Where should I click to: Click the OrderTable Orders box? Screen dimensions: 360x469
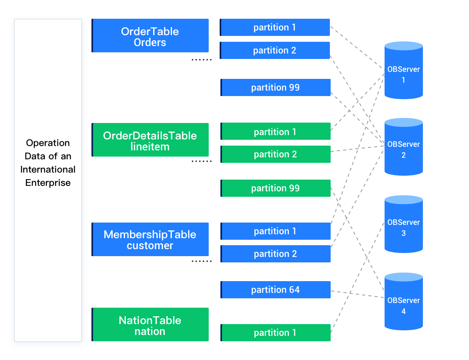pos(150,36)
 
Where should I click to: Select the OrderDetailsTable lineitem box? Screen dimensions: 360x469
pos(150,140)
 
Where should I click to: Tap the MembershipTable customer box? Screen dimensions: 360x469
pos(150,239)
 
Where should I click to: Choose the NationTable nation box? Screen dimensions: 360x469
pos(150,325)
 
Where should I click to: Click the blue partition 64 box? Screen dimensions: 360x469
pos(276,290)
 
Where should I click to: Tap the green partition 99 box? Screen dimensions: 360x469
pos(276,188)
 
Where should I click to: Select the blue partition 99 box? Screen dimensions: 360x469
pos(276,87)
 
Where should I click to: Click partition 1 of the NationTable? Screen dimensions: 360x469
pos(276,333)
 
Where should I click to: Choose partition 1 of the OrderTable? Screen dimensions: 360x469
pos(275,27)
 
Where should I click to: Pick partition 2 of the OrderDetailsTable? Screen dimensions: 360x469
pos(276,154)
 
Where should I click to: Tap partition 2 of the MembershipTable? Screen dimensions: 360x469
pos(276,254)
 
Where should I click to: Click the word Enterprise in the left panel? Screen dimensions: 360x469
pos(48,183)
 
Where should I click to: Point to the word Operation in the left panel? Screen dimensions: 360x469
pos(48,143)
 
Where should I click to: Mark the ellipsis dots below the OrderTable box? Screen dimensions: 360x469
pos(201,60)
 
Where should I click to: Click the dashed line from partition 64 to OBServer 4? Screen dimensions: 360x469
pos(358,294)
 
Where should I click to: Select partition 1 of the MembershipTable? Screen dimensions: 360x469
pos(276,231)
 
